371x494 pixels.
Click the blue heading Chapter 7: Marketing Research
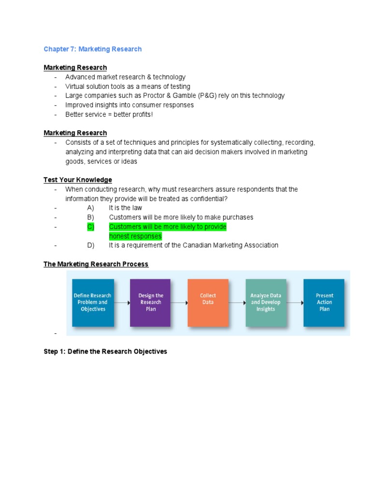93,49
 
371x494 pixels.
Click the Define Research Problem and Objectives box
93,302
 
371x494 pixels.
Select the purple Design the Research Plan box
150,302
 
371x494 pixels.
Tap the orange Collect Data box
208,302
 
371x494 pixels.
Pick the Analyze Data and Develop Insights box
266,302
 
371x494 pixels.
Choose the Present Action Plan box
324,302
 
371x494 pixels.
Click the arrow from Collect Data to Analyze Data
237,303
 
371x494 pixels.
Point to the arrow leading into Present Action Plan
295,303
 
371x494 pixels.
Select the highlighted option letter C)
91,227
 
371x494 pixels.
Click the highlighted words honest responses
135,236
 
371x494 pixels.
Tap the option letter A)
91,208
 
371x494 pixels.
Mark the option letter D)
91,245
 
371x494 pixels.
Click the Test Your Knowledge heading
78,180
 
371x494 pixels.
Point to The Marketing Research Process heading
96,264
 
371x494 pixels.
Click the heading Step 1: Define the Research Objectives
105,352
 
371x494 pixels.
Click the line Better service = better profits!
109,114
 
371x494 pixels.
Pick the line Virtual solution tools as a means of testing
128,86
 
